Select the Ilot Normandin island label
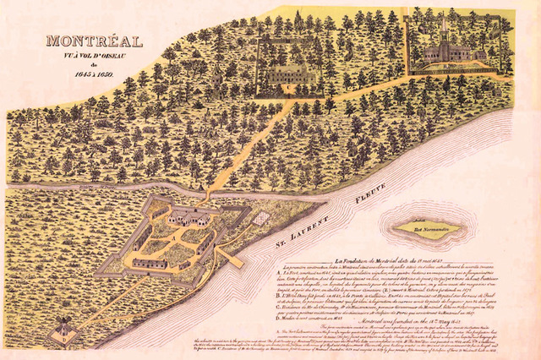point(428,226)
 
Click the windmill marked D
point(63,328)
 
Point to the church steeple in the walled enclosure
point(443,34)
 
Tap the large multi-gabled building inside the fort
point(191,216)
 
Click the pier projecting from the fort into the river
point(230,255)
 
